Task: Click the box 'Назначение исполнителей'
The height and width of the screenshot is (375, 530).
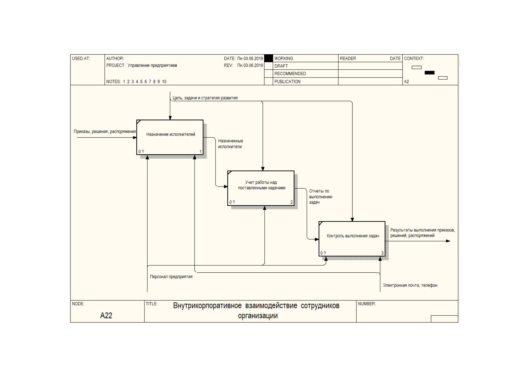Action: coord(170,137)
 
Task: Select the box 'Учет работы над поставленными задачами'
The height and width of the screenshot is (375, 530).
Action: coord(261,188)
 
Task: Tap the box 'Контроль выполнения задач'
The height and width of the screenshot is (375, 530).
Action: coord(352,239)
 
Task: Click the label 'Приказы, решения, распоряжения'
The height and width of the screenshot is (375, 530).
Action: coord(105,132)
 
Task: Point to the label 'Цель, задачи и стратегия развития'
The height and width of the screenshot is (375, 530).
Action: coord(205,98)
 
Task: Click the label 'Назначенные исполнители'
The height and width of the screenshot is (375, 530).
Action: coord(230,144)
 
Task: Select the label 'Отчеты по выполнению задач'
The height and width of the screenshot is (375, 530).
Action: coord(321,197)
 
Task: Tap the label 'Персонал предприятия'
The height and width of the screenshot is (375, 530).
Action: coord(171,277)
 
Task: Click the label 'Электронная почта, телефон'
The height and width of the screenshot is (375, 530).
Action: coord(410,286)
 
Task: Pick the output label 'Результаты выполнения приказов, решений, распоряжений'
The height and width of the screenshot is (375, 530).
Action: coord(422,233)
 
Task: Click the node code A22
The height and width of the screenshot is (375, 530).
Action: coord(106,315)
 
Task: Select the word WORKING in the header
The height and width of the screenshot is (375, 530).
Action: coord(284,59)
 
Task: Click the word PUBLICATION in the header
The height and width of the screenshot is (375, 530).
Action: coord(287,82)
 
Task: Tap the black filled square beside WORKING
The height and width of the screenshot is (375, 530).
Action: coord(268,58)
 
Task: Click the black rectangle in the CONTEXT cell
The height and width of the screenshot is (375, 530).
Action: coord(429,73)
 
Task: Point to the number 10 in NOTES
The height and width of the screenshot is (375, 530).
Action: coord(164,82)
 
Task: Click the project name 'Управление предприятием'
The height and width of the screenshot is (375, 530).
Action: coord(152,65)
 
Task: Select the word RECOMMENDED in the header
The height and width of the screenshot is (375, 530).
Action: coord(290,74)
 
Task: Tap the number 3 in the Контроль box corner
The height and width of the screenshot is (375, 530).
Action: coord(382,253)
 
